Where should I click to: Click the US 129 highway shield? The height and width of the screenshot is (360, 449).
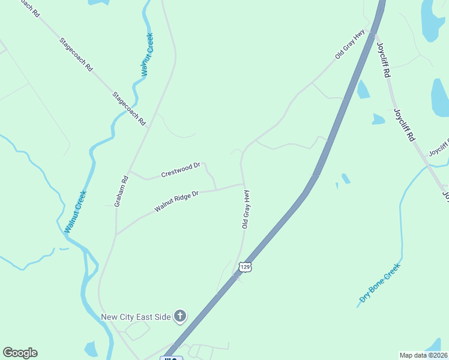pyautogui.click(x=244, y=266)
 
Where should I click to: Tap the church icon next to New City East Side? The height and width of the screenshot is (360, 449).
pyautogui.click(x=180, y=316)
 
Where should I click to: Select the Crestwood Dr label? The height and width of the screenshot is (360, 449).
pyautogui.click(x=180, y=170)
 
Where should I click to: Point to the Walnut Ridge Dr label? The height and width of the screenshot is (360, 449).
pyautogui.click(x=176, y=200)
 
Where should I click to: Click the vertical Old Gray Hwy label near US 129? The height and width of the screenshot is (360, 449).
pyautogui.click(x=246, y=209)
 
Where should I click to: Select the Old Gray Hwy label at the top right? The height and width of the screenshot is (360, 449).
pyautogui.click(x=350, y=45)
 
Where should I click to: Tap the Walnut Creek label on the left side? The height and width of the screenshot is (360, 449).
pyautogui.click(x=76, y=212)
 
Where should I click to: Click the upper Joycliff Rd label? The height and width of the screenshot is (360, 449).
pyautogui.click(x=384, y=59)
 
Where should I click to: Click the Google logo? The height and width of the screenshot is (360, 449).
pyautogui.click(x=20, y=353)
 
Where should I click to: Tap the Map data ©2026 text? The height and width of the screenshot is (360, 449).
pyautogui.click(x=423, y=355)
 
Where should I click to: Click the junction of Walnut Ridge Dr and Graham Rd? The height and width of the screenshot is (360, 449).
pyautogui.click(x=116, y=234)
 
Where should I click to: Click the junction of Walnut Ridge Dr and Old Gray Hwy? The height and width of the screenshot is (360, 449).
pyautogui.click(x=243, y=184)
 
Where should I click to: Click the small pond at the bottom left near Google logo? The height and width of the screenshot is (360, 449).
pyautogui.click(x=91, y=349)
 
